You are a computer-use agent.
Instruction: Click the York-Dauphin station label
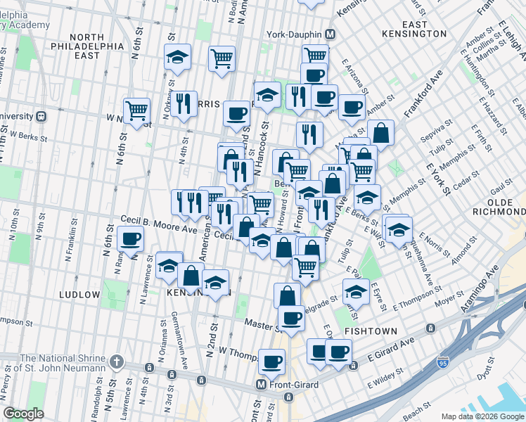point(293,34)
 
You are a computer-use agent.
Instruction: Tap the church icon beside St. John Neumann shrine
point(117,363)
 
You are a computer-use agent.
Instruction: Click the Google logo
point(23,413)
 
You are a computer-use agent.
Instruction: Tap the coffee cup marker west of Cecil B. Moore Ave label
point(131,239)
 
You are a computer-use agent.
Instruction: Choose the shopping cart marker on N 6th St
point(136,110)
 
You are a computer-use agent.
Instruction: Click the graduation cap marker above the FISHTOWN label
point(356,290)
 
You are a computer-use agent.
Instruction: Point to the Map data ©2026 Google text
point(481,416)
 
